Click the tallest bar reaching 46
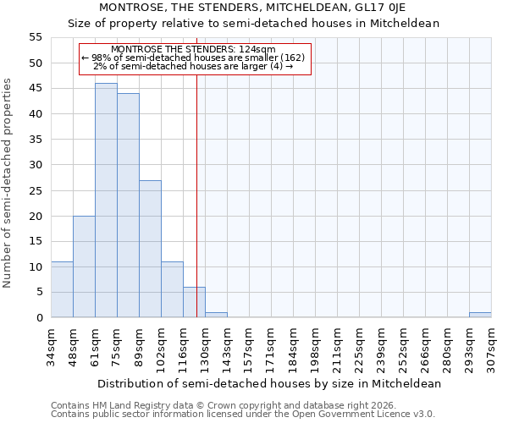coord(106,201)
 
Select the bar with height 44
coord(128,206)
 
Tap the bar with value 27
coord(150,249)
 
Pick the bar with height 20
coord(84,266)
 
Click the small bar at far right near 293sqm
coord(480,315)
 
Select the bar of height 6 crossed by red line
coord(194,302)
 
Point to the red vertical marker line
coord(196,169)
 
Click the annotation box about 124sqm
coord(196,58)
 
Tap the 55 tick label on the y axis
coord(35,37)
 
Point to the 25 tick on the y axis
coord(35,190)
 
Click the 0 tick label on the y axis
coord(38,318)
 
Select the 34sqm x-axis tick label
coord(52,345)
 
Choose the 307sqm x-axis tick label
coord(492,345)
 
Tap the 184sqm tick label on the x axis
coord(294,345)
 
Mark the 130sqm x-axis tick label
coord(206,345)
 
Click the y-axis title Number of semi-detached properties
coord(8,183)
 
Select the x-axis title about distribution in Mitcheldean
coord(269,383)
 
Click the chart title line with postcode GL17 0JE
coord(253,7)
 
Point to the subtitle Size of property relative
coord(253,23)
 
